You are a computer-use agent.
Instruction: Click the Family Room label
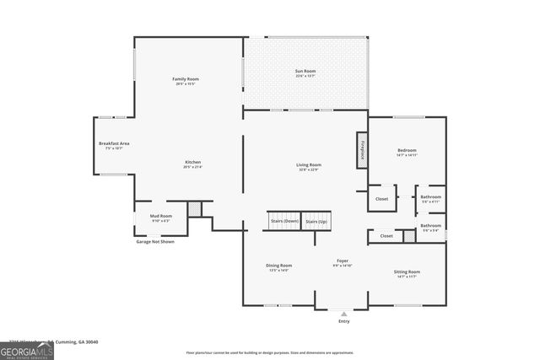tap(186, 79)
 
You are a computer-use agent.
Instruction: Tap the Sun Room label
tap(305, 73)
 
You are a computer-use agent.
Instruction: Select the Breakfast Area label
tap(113, 144)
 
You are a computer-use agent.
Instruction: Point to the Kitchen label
tap(192, 162)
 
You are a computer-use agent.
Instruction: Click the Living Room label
tap(308, 165)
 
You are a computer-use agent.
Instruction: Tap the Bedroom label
tap(407, 151)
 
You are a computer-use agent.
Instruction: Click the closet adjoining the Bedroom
tap(381, 199)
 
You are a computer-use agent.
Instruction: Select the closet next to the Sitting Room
tap(386, 236)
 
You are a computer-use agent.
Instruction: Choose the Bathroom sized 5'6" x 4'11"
tap(431, 198)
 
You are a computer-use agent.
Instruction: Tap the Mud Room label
tap(161, 217)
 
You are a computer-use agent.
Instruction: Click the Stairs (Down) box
tap(284, 221)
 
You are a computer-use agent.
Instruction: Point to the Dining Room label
tap(279, 266)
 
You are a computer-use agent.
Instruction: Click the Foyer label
tap(343, 263)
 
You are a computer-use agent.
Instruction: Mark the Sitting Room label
tap(407, 272)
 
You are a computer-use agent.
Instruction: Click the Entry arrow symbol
tap(343, 313)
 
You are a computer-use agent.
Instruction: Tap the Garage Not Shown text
tap(155, 242)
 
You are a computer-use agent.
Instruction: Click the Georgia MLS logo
tap(27, 347)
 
